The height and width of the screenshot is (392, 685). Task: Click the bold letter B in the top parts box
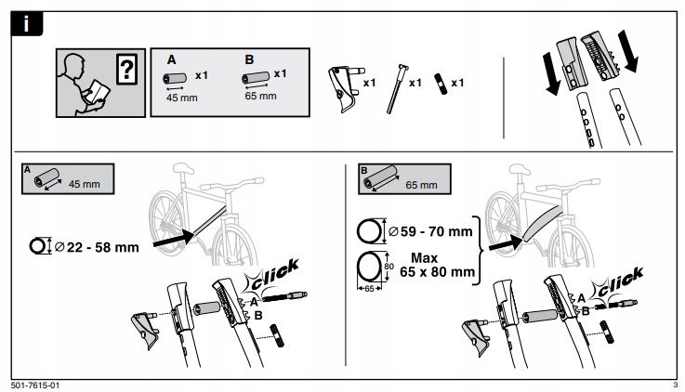coord(249,59)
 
